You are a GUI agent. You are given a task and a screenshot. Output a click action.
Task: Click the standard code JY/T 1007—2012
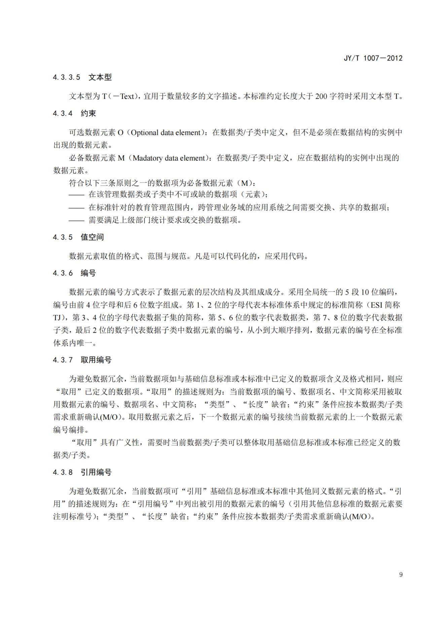373,58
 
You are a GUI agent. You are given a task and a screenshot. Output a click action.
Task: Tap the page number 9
401,574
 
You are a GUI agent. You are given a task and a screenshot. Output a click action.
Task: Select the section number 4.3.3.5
67,77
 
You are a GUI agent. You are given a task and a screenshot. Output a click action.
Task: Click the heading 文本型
100,77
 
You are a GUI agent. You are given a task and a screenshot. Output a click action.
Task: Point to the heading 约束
88,113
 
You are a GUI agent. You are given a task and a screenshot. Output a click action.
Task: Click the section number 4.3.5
63,237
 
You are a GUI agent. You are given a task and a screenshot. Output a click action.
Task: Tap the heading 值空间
92,237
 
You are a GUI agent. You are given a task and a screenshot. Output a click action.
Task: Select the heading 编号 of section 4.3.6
88,273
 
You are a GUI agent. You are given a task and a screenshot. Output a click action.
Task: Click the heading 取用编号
96,360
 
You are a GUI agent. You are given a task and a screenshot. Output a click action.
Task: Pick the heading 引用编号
96,472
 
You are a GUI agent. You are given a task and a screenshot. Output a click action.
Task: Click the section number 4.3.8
63,472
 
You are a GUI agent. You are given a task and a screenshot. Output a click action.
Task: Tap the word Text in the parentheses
127,96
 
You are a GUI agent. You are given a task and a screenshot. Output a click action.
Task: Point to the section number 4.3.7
63,360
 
